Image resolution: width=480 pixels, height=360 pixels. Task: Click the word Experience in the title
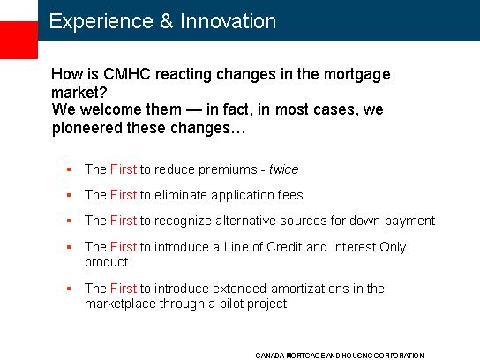coord(101,22)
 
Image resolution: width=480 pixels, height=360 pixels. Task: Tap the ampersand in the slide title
coord(167,21)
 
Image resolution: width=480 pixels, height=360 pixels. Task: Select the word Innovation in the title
coord(228,21)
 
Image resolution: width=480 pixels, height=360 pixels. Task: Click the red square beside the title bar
coord(19,40)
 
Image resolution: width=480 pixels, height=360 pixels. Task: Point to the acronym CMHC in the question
coord(127,74)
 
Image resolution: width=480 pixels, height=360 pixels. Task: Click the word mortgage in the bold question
coord(357,75)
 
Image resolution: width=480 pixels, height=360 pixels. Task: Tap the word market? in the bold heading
coord(79,92)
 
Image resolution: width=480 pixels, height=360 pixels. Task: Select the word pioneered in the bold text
coord(87,128)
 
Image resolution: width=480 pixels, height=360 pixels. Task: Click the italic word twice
coord(284,169)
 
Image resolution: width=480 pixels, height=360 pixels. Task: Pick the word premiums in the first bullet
coord(228,170)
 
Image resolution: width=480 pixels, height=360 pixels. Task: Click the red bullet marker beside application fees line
coord(69,195)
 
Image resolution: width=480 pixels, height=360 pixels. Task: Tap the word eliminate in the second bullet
coord(181,195)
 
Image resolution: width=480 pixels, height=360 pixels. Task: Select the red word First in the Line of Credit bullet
coord(124,247)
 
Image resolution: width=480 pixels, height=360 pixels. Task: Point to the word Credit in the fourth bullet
coord(284,247)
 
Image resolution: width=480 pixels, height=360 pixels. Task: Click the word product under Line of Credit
coord(106,263)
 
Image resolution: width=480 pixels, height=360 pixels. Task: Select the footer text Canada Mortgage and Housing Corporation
coord(340,356)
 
